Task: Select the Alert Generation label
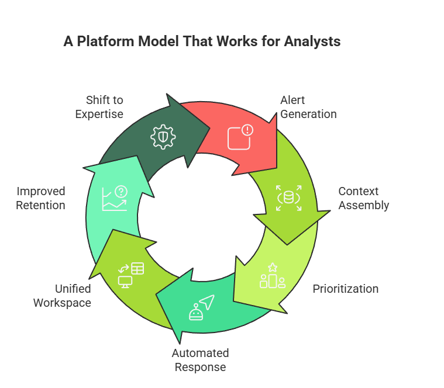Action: [308, 107]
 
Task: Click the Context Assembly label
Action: [363, 198]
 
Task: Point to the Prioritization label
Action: [345, 289]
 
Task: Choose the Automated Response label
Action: [200, 360]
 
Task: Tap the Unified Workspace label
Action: [61, 296]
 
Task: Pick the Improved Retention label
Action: [40, 198]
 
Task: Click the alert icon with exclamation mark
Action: [240, 137]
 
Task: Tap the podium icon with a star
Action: [272, 276]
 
